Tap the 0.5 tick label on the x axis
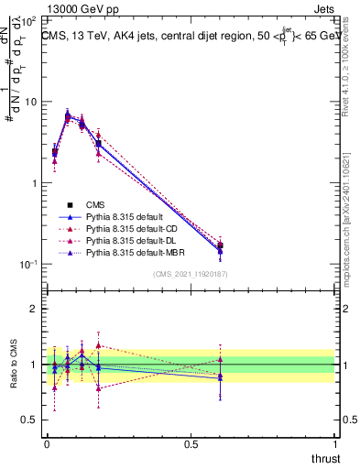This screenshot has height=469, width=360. (191, 442)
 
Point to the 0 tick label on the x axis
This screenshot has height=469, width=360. (47, 442)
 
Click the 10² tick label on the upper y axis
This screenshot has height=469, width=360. (29, 20)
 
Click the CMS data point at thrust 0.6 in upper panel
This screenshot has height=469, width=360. (220, 245)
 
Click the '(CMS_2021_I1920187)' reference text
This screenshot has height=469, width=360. (191, 273)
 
